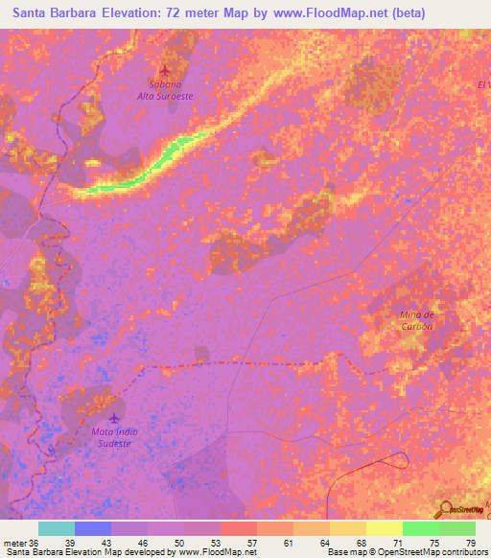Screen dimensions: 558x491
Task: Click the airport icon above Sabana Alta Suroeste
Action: pos(166,70)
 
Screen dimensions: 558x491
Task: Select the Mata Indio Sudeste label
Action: pos(115,437)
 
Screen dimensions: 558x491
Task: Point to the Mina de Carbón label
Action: pos(417,320)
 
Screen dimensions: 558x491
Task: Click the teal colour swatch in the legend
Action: pos(56,528)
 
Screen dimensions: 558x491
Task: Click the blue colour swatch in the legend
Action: pos(92,528)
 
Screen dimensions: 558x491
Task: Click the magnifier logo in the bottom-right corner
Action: pos(445,509)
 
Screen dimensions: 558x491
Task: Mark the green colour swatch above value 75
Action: pos(420,528)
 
